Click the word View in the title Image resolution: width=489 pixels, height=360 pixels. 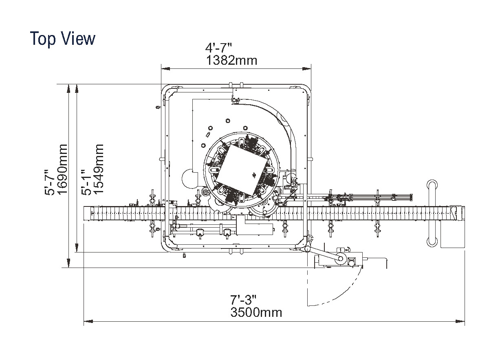77,38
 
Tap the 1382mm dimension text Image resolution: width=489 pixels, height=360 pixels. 231,60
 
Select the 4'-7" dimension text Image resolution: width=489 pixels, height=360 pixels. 218,48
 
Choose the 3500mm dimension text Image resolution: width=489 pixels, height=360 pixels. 256,312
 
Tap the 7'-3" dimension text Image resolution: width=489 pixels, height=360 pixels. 243,300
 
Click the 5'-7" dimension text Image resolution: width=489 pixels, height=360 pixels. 50,182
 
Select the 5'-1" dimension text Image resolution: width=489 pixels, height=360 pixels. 86,182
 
